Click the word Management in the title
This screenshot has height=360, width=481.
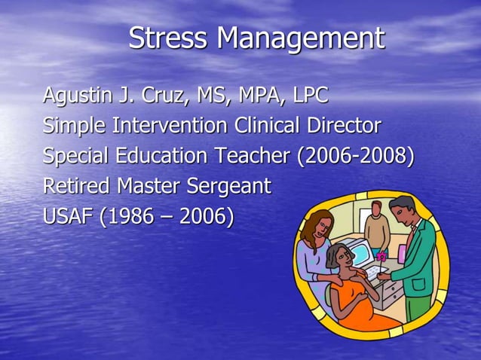300,39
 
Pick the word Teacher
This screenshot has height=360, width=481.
252,156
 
